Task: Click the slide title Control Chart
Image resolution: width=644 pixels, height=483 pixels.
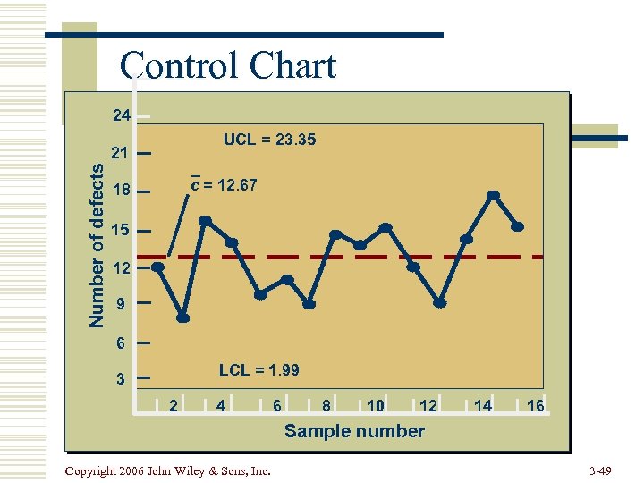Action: (228, 66)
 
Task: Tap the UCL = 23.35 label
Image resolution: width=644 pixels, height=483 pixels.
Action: (269, 140)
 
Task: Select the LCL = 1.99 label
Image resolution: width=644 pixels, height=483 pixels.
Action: (259, 370)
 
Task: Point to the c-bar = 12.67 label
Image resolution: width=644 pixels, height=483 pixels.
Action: (225, 185)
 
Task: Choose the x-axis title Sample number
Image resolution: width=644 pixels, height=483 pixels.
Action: (354, 431)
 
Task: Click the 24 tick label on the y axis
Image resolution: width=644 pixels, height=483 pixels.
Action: (121, 115)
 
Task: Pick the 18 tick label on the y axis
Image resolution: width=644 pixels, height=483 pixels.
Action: (121, 191)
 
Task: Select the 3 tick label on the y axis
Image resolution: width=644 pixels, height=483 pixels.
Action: (121, 379)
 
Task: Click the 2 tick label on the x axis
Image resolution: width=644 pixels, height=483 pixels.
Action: (174, 406)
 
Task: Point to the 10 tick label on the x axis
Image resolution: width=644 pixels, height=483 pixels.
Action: (376, 406)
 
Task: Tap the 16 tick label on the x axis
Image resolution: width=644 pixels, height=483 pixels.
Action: (536, 406)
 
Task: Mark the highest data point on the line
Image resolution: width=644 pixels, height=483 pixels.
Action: (493, 195)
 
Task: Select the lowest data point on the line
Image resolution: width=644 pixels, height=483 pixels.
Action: (182, 318)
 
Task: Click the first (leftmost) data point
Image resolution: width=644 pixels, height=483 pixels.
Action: (157, 267)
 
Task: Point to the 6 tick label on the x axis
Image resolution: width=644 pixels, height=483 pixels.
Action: (277, 406)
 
